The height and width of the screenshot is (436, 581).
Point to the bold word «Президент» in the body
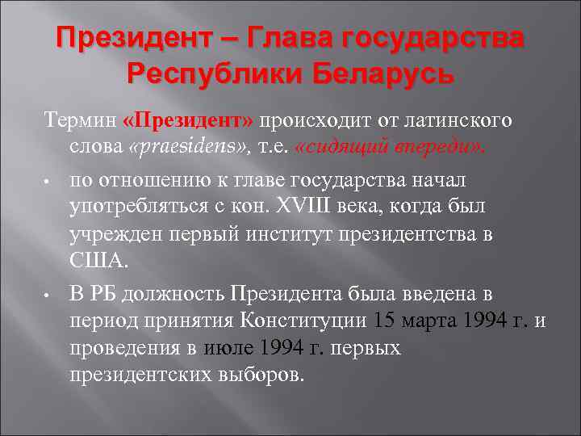tap(189, 120)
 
